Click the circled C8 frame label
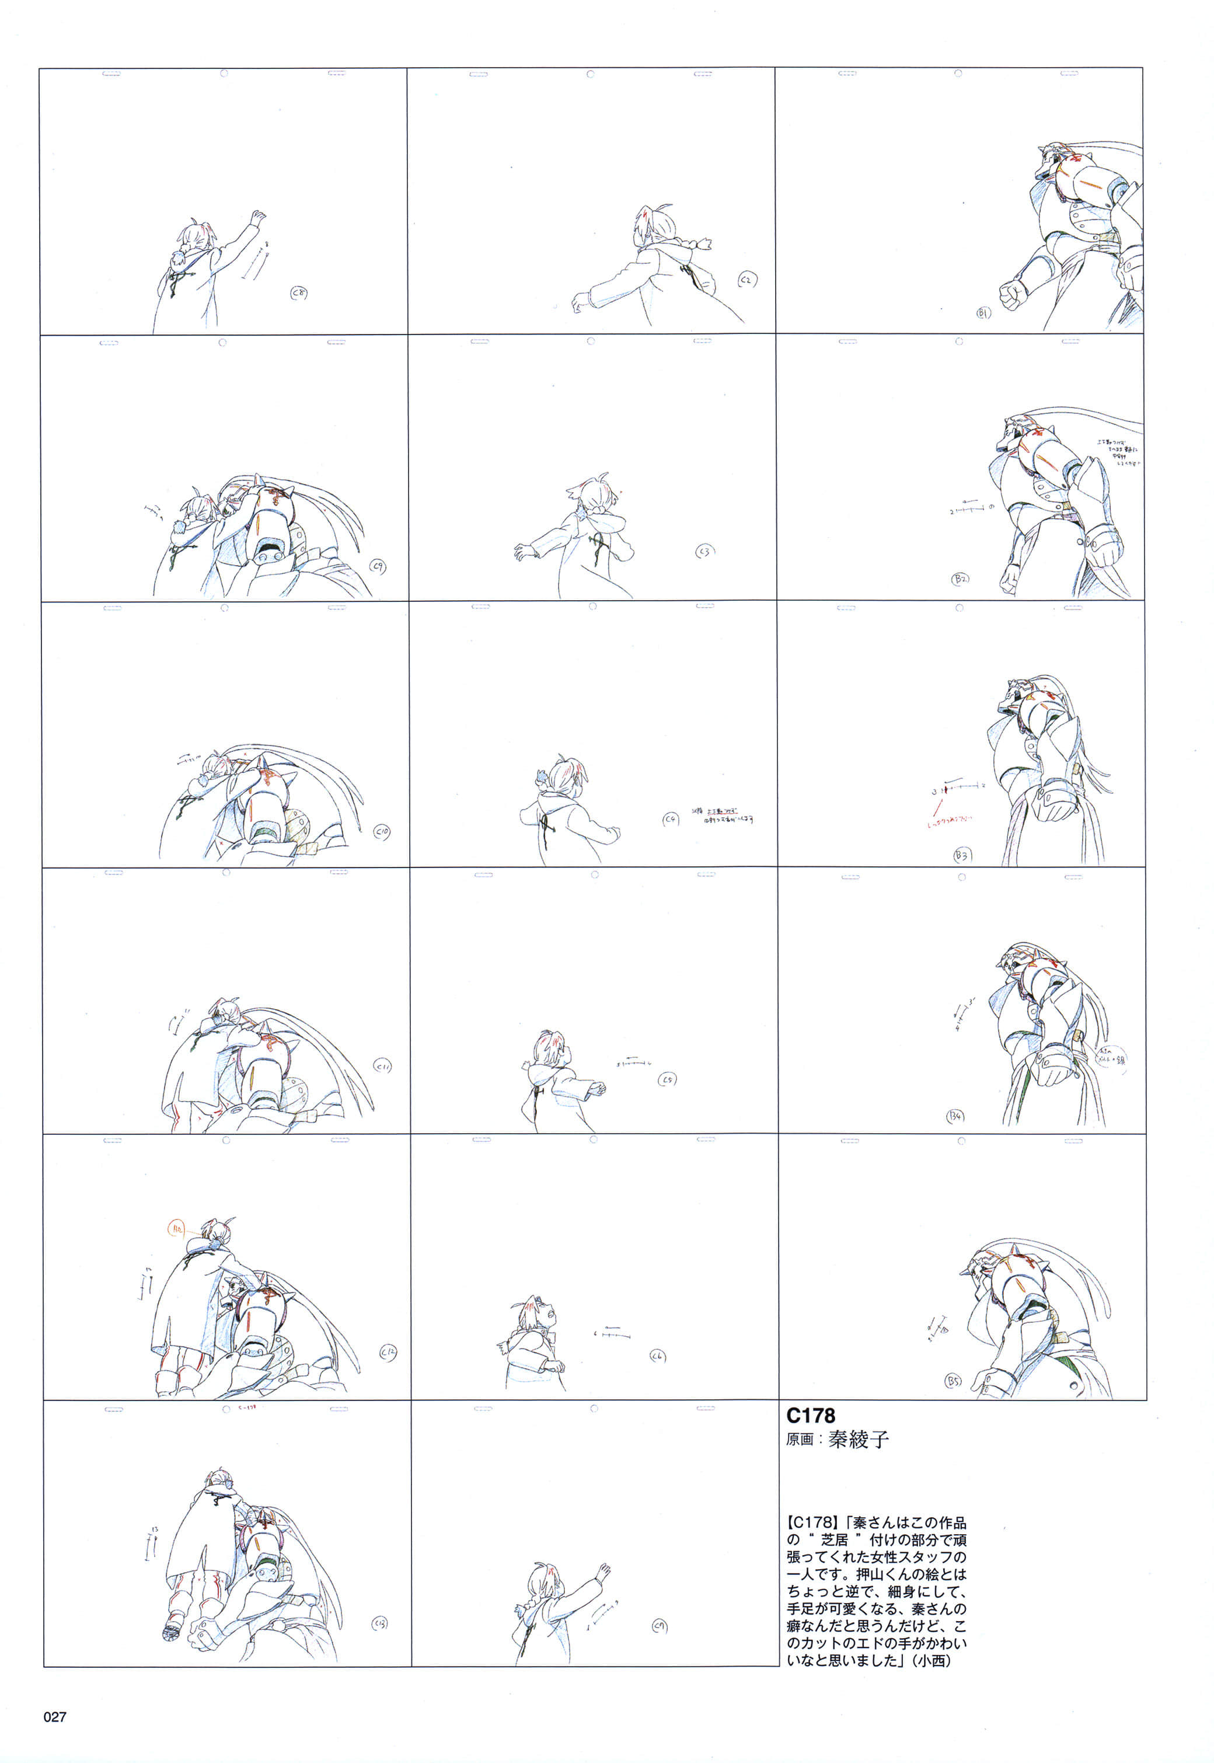299,293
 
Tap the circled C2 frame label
747,281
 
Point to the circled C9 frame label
377,566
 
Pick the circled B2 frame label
960,579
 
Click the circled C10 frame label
382,832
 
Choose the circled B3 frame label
962,855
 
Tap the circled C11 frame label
383,1067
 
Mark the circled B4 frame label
955,1116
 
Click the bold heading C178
810,1416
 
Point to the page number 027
55,1716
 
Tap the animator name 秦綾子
858,1440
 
